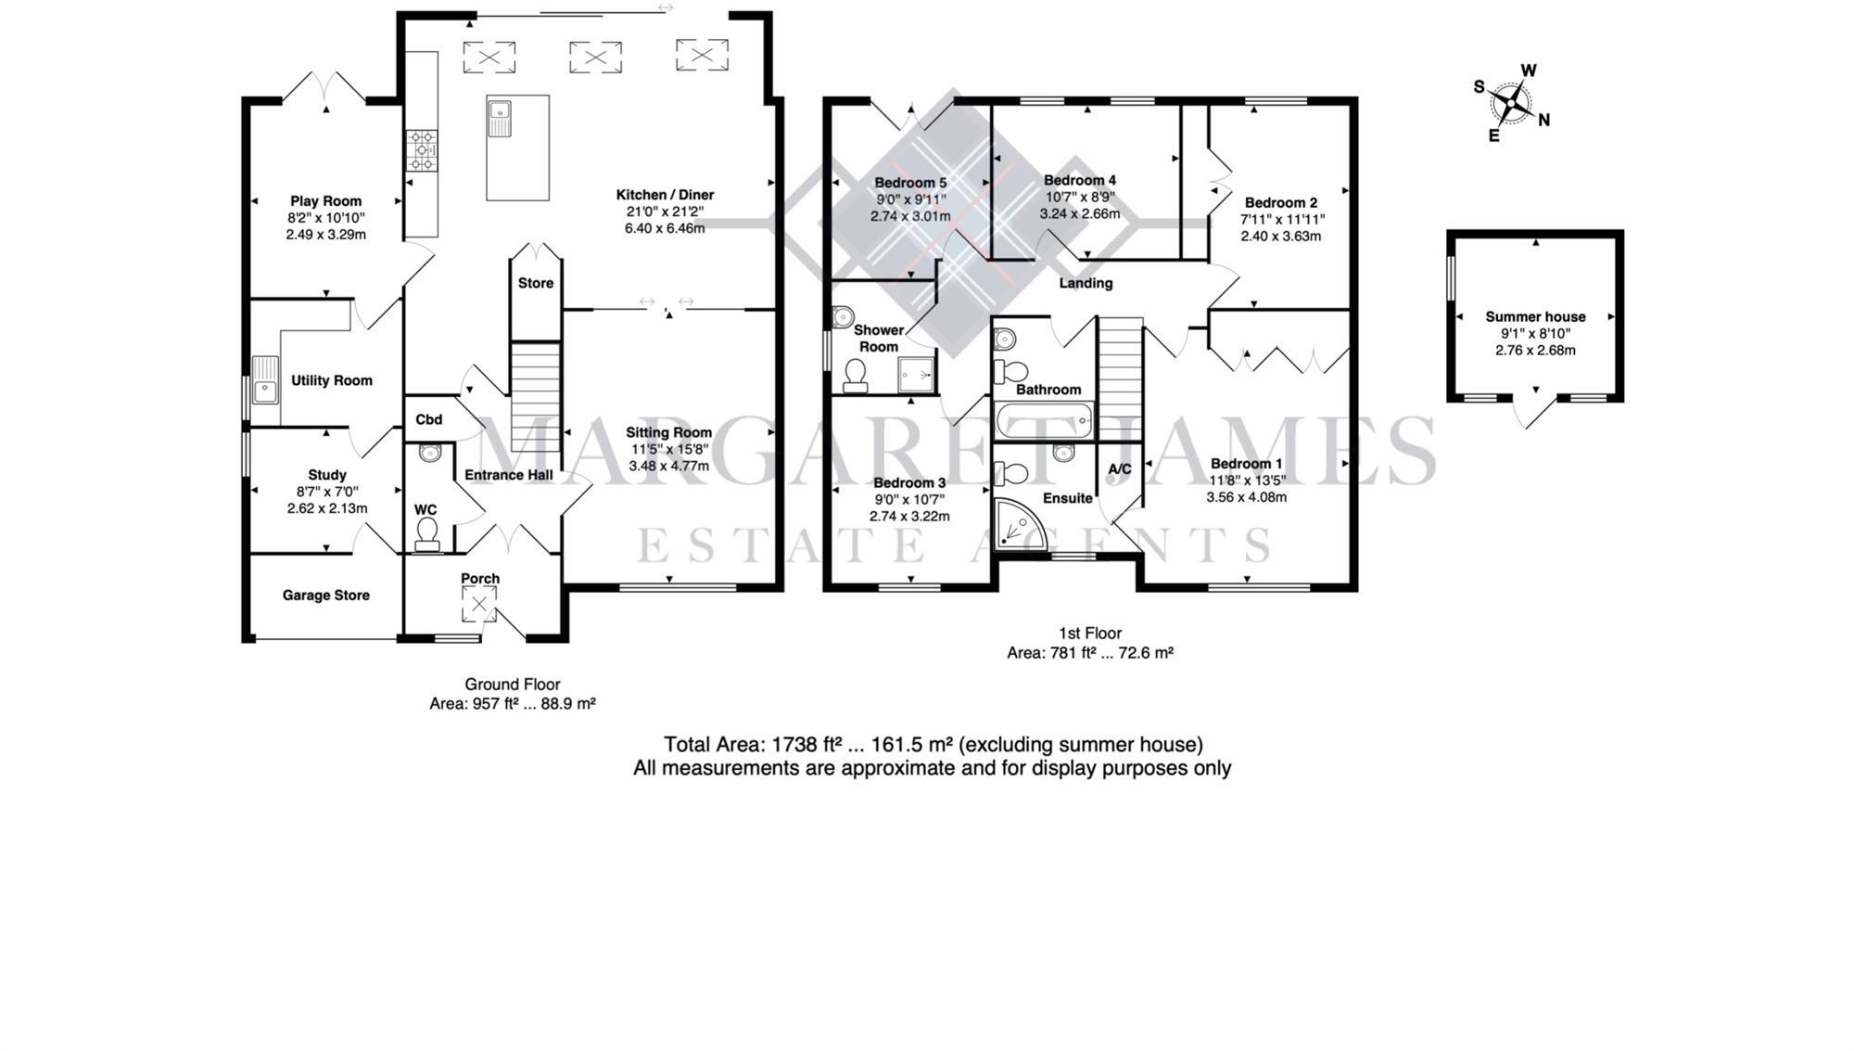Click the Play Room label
[x=325, y=201]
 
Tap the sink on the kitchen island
[x=501, y=117]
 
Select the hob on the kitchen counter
[x=422, y=150]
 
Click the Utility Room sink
[x=265, y=380]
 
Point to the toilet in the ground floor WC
[x=427, y=532]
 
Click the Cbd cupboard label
[x=428, y=419]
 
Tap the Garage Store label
[x=325, y=596]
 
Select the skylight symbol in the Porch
[x=479, y=606]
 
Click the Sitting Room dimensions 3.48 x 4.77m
[x=668, y=466]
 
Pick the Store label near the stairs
[x=536, y=283]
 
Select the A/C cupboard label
[x=1120, y=469]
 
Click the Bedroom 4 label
[x=1080, y=180]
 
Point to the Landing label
[x=1086, y=283]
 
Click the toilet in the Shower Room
[x=856, y=375]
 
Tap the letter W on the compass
[x=1529, y=70]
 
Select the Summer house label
[x=1535, y=316]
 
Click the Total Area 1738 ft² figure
[x=807, y=745]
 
